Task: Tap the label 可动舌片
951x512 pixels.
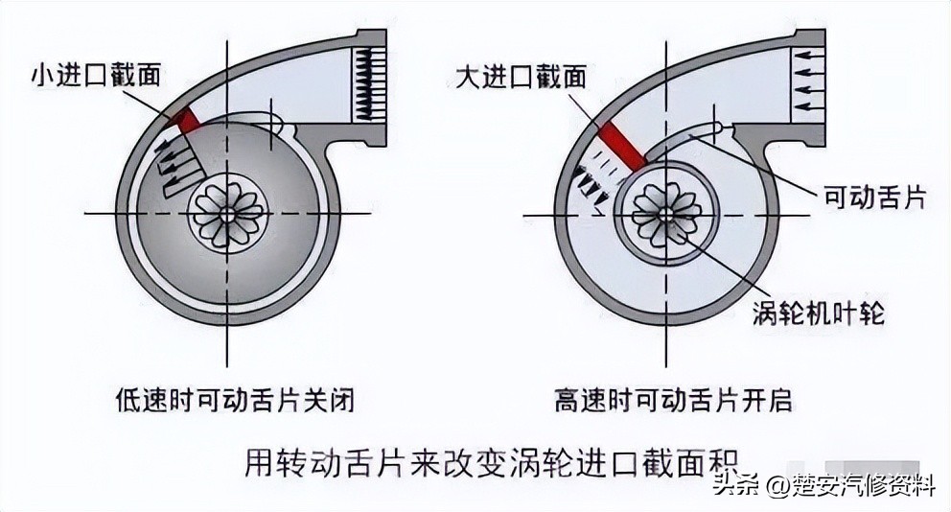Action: [x=875, y=198]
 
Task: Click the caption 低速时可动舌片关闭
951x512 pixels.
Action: [x=234, y=400]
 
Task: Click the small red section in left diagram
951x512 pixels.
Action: [x=186, y=121]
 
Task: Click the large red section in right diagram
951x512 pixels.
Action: [x=622, y=144]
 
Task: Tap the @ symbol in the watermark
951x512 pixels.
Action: [x=775, y=487]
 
